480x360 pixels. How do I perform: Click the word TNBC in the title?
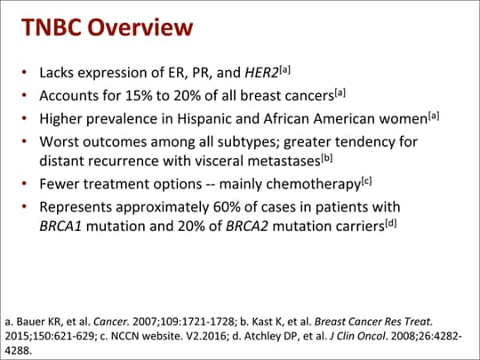point(52,28)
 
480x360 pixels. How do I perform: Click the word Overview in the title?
point(140,28)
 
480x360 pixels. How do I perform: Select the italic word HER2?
point(261,73)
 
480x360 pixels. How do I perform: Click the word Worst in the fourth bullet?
point(59,141)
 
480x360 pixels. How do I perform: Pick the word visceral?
point(219,161)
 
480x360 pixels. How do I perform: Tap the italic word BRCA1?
point(60,227)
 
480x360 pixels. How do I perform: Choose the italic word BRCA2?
point(247,227)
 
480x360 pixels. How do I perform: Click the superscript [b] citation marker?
point(326,158)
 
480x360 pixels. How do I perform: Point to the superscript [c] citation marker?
point(367,181)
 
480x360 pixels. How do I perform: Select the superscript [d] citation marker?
point(390,224)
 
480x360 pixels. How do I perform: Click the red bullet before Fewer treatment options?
point(25,184)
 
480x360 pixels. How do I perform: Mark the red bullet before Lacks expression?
point(25,73)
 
